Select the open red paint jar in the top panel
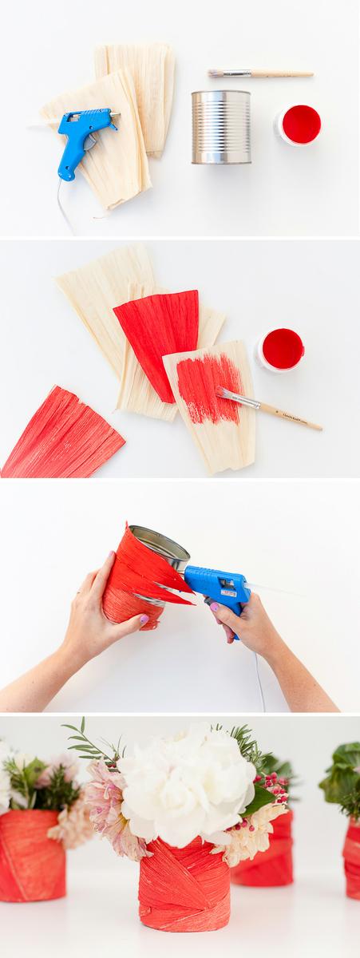pos(300,125)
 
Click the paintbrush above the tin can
pos(259,73)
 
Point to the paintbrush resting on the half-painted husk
pos(267,409)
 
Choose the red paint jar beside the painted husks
pos(281,350)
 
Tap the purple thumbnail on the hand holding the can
pos(144,619)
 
